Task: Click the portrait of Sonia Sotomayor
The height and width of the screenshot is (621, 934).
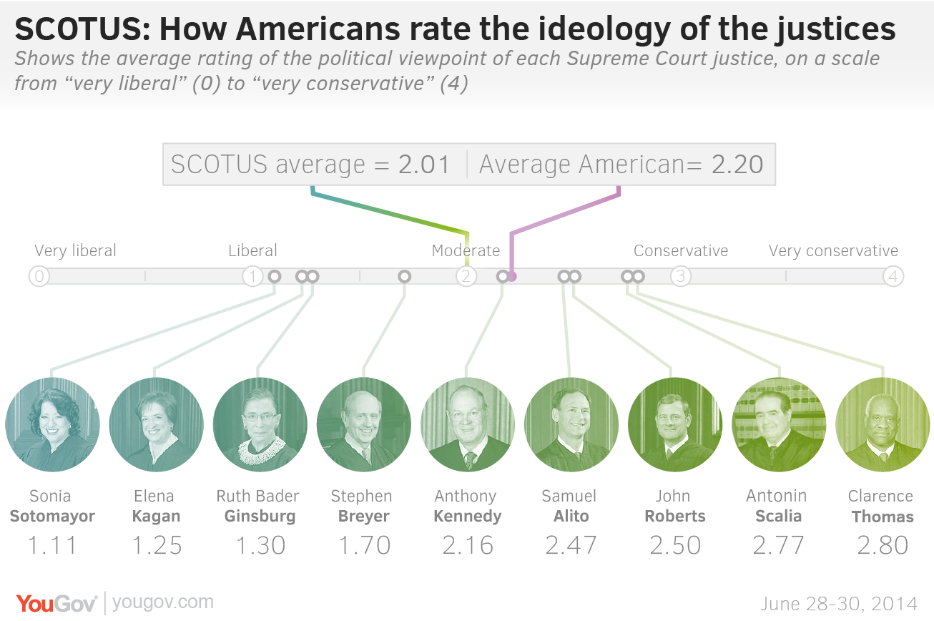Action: pos(52,425)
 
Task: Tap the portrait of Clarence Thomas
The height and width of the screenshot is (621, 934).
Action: pos(882,425)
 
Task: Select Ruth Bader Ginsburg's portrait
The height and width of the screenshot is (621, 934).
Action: pos(260,425)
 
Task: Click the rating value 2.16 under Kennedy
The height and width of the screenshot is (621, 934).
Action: pos(468,545)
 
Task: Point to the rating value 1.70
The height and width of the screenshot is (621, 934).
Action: pos(364,545)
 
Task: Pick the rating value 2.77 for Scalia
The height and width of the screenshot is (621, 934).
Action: pos(778,545)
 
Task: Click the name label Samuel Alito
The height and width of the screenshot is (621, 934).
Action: pos(570,506)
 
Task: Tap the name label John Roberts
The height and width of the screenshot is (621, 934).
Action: pos(674,506)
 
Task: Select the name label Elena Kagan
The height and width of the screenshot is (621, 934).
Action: pos(156,506)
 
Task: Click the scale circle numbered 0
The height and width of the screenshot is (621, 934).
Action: pos(39,276)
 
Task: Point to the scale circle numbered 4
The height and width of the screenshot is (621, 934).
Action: pos(893,276)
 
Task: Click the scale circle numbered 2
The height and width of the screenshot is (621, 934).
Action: pos(466,276)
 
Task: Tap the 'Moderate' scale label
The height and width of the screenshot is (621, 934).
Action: pos(466,251)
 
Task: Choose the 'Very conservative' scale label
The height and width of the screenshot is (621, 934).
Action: pos(833,251)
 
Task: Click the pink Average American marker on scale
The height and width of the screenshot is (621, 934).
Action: pos(512,276)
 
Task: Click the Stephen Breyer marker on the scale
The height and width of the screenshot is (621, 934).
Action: pos(404,276)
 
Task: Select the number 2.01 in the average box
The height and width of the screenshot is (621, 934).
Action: pos(424,165)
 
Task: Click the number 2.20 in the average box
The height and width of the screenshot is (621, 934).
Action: pos(737,165)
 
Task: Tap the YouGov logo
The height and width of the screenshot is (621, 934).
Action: pos(56,603)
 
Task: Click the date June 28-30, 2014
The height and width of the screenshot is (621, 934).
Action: pos(839,604)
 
